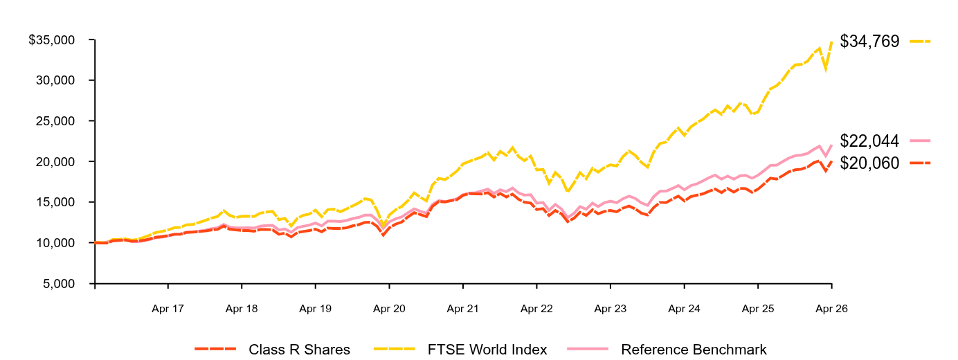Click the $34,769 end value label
[x=869, y=42]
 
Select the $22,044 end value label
[x=869, y=141]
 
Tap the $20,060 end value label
[x=869, y=163]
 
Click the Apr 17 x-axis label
[x=168, y=309]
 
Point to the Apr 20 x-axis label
[x=389, y=309]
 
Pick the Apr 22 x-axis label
[x=536, y=309]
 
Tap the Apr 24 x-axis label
[x=685, y=309]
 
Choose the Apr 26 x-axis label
[x=831, y=309]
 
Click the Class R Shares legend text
[x=299, y=350]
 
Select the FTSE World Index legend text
[x=487, y=350]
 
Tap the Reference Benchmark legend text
[x=694, y=350]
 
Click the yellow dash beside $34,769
[x=920, y=42]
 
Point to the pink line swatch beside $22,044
[x=920, y=141]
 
